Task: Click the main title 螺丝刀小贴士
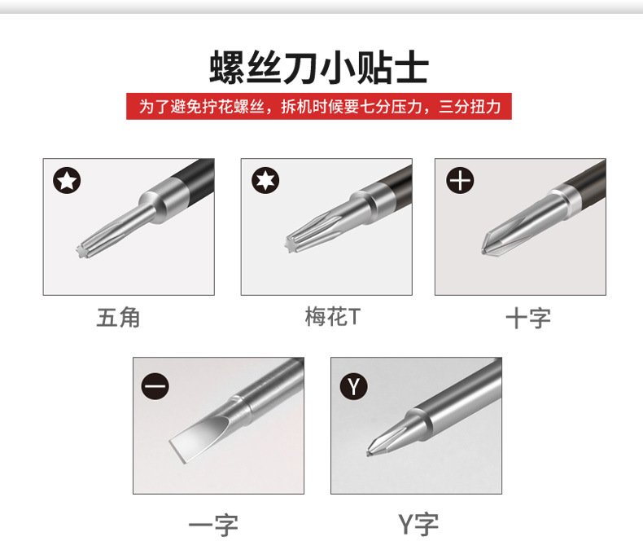click(x=319, y=67)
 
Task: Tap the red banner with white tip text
click(x=319, y=106)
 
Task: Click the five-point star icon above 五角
click(x=67, y=180)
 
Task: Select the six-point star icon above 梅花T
click(x=265, y=180)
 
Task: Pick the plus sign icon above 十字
click(x=460, y=180)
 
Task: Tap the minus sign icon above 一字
click(x=155, y=386)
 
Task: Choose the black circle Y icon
click(x=353, y=386)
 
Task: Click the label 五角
click(x=119, y=318)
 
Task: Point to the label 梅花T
click(x=333, y=317)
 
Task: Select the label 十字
click(x=528, y=319)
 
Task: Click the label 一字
click(x=213, y=525)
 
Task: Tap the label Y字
click(x=418, y=524)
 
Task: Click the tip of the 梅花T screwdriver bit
click(x=291, y=245)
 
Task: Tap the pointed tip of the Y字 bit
click(x=368, y=453)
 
